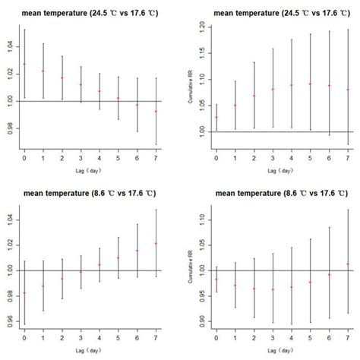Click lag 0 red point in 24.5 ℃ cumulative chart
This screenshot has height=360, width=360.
[216, 117]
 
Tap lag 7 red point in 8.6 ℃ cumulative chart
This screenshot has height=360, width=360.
[348, 264]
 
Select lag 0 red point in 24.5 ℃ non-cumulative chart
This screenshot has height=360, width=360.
[24, 64]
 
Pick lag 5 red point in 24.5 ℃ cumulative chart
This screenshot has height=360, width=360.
[310, 84]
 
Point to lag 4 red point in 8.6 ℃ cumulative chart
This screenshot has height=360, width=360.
[291, 287]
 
